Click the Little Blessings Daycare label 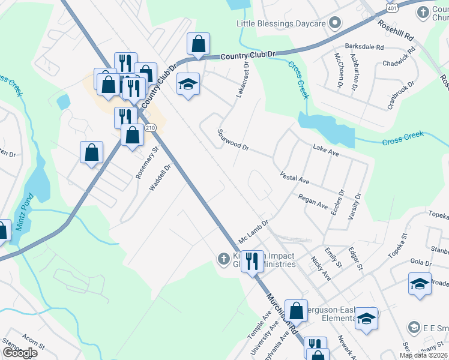280,23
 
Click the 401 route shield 391,8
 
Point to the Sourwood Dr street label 233,139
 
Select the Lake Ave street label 326,150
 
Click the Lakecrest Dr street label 242,80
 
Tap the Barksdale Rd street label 364,46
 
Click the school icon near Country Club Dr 188,85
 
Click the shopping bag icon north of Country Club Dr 198,44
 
